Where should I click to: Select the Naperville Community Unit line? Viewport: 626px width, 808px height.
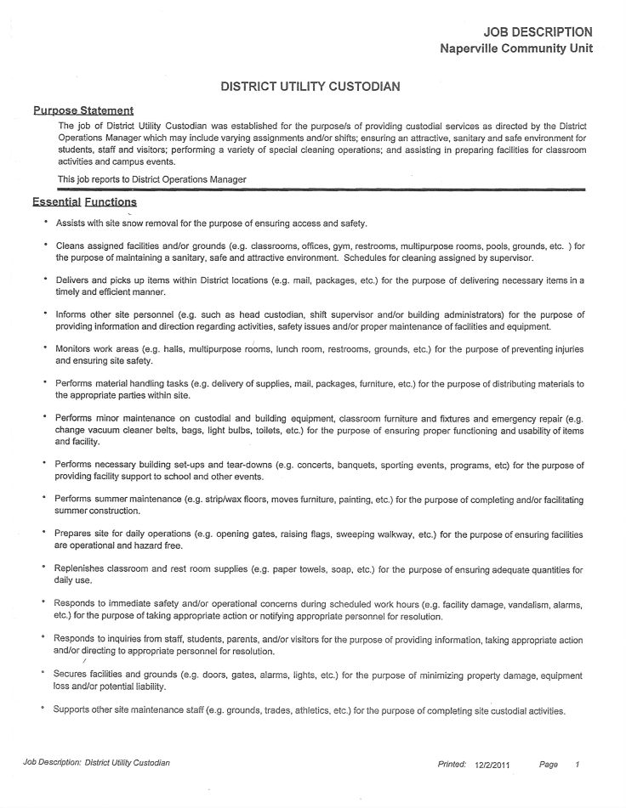[516, 48]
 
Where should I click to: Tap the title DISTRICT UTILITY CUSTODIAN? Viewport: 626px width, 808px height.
[310, 87]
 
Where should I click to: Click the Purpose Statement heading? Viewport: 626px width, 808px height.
[83, 110]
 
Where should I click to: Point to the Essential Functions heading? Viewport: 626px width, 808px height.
[84, 202]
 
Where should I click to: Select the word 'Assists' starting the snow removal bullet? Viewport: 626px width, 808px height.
[71, 223]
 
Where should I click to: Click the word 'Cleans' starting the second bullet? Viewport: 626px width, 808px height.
[71, 246]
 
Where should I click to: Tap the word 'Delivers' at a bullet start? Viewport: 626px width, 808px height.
[74, 280]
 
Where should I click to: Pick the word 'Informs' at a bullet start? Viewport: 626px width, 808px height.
[72, 314]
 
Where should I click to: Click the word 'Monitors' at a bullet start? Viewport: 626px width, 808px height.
[75, 348]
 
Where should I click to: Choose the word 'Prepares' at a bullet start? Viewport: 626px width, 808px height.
[75, 534]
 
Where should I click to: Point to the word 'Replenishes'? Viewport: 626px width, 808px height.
[82, 568]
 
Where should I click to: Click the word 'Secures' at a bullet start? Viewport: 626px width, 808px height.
[73, 675]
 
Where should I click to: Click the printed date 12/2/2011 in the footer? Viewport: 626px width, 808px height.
[493, 765]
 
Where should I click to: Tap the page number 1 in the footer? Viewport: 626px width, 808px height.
[577, 765]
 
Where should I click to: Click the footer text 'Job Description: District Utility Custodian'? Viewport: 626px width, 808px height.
[96, 763]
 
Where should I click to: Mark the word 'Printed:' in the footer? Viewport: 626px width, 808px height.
[452, 765]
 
